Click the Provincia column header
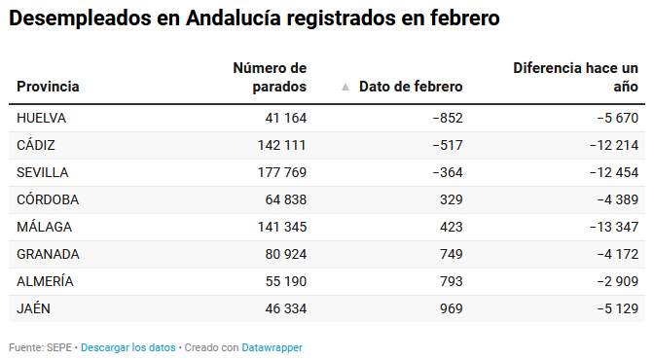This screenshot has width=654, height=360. point(48,87)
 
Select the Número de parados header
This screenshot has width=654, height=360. point(270,77)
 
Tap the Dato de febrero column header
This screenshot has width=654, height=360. point(411,87)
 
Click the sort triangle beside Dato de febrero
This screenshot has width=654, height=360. point(345,87)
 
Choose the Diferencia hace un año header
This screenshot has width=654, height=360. point(575,77)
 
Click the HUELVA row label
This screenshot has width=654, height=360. point(41,118)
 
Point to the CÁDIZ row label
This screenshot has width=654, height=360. point(36,145)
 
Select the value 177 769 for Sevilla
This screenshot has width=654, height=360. point(282,172)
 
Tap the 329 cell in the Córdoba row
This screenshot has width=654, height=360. point(452,199)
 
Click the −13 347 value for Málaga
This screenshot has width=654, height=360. point(614,227)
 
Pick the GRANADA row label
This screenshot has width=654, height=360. point(48,254)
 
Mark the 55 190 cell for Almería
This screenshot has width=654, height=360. point(286,281)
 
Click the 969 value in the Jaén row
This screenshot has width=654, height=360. point(452,308)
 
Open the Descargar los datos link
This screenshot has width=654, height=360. point(128,347)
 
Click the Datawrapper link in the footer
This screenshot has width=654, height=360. point(272,347)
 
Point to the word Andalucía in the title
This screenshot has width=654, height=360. point(234,18)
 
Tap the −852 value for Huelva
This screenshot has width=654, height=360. point(448,118)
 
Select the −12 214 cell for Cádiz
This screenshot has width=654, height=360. point(614,145)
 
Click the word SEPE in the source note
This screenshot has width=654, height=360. point(59,347)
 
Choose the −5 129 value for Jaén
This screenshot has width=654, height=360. point(618,308)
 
